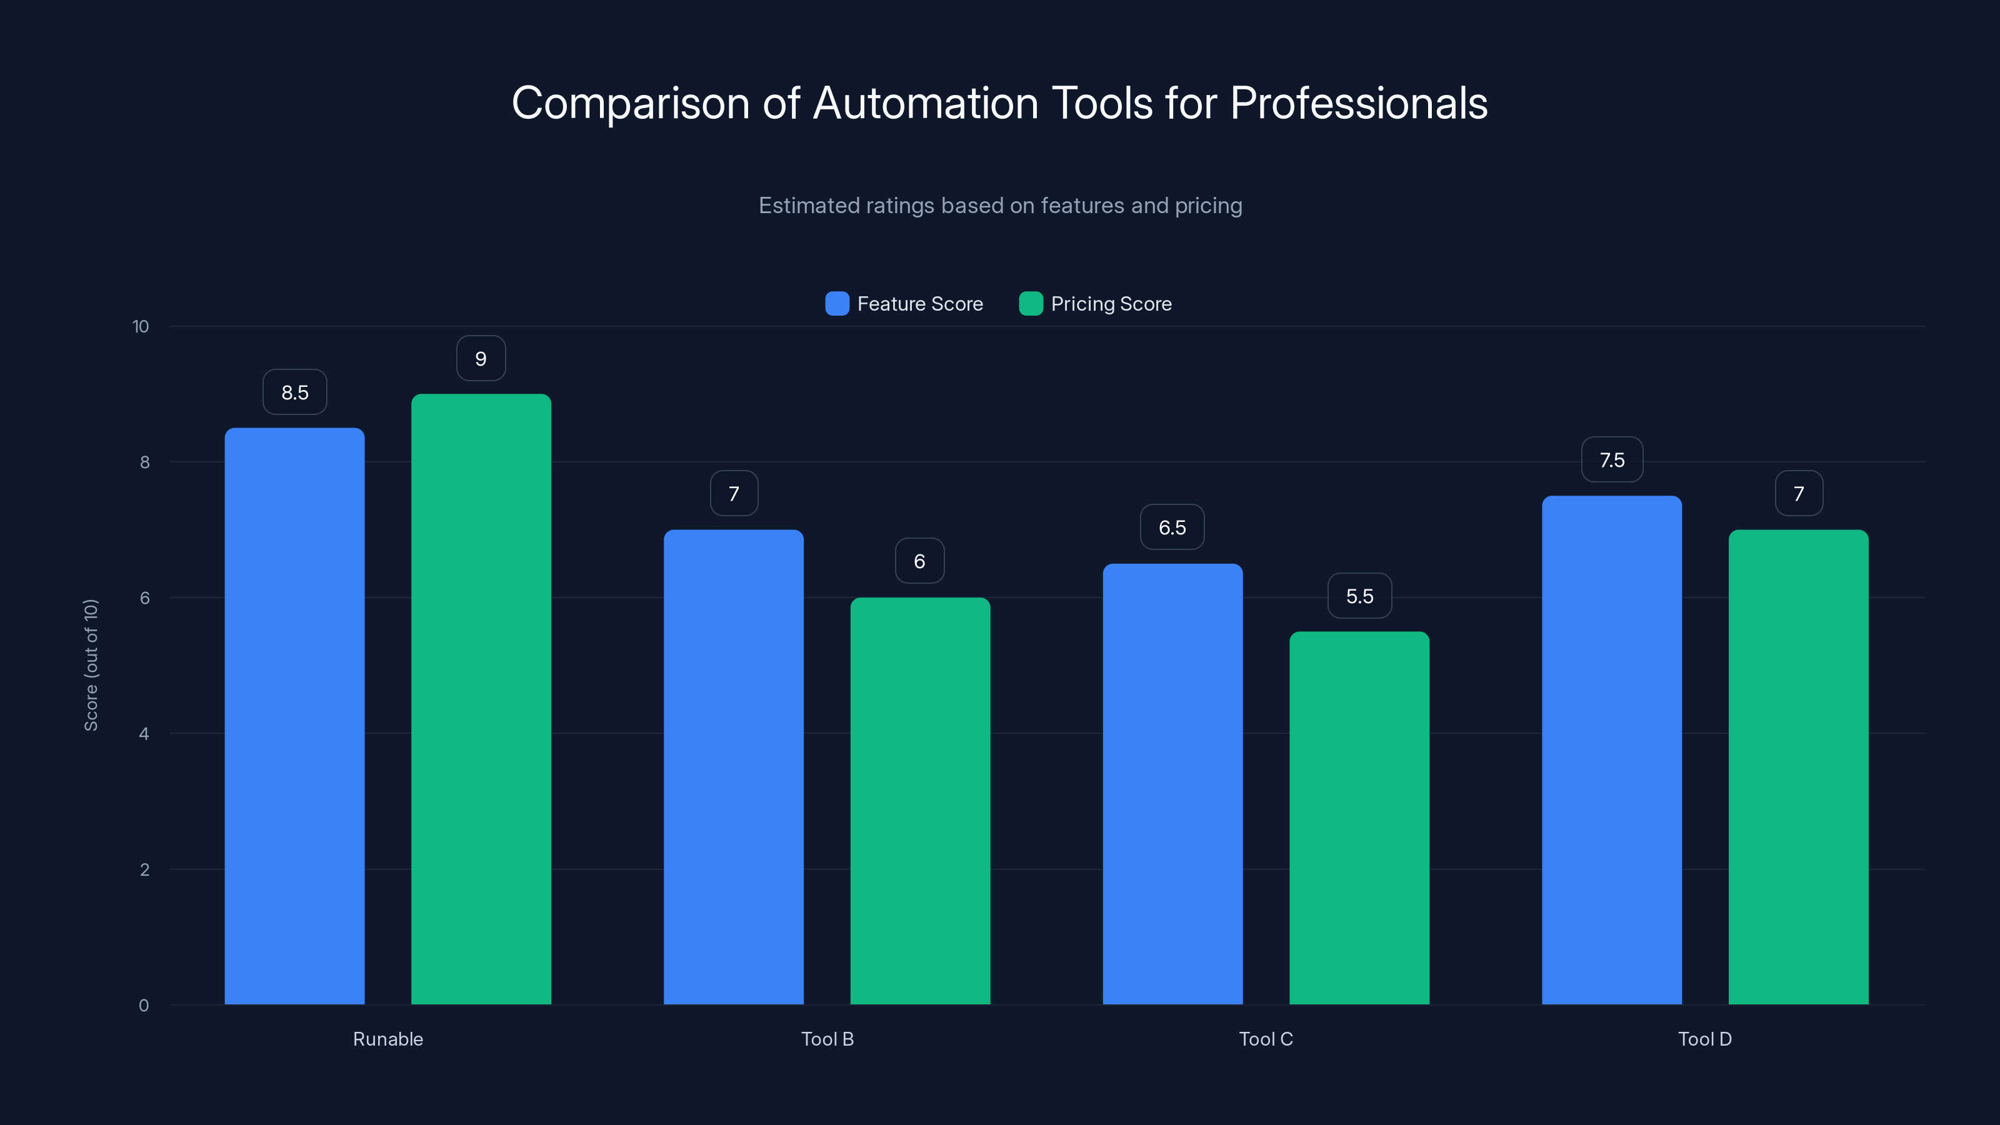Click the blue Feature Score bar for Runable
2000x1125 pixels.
(x=294, y=714)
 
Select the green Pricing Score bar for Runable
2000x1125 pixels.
(x=481, y=699)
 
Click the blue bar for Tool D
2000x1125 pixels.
(x=1611, y=749)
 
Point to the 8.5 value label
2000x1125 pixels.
(x=294, y=392)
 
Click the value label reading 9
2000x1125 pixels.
(x=481, y=359)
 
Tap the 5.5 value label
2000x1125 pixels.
(x=1359, y=596)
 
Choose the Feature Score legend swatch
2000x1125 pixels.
(x=836, y=304)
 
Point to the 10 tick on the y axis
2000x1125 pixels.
(x=141, y=326)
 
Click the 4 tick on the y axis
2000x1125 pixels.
(x=144, y=734)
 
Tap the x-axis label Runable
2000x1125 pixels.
(x=387, y=1039)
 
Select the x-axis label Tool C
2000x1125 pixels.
(x=1266, y=1039)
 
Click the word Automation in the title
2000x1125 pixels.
(x=925, y=103)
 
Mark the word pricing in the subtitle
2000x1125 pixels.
(x=1207, y=206)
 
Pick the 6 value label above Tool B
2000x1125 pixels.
(x=919, y=561)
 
